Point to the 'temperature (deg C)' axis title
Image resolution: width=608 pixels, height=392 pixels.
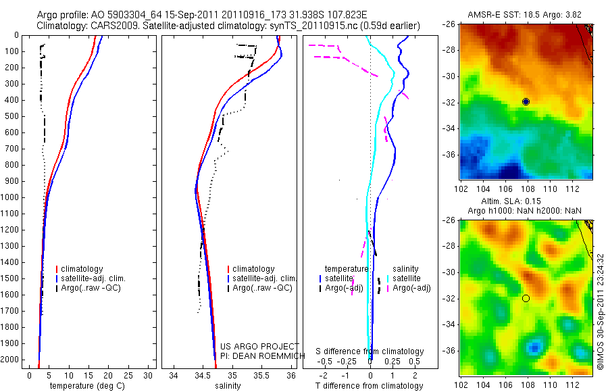84,386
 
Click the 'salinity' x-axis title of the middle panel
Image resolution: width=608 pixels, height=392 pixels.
228,386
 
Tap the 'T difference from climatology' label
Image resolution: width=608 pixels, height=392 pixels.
370,386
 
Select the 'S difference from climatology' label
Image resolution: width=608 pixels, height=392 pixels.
370,351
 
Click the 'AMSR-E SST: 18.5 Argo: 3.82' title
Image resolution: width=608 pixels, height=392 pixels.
525,15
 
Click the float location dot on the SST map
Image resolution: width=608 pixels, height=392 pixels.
526,101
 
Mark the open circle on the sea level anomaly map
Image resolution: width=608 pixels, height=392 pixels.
526,298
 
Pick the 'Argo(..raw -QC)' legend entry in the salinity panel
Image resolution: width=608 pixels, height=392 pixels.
262,288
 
